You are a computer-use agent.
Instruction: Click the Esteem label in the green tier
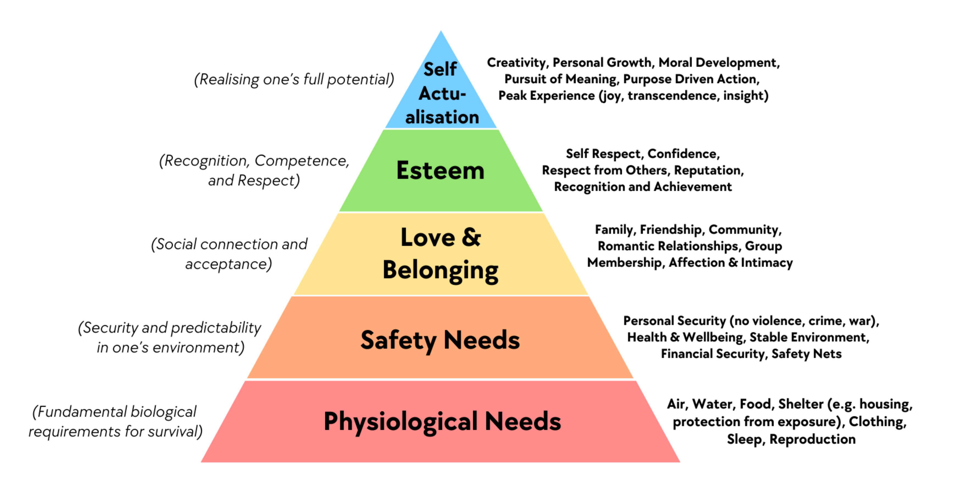[x=440, y=171]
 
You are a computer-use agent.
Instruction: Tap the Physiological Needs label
[x=442, y=421]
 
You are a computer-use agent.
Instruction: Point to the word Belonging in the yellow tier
[x=440, y=271]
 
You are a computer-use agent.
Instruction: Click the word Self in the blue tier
[x=440, y=69]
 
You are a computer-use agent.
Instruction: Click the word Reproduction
[x=812, y=439]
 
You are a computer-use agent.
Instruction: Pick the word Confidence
[x=684, y=154]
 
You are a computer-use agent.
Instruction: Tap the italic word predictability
[x=216, y=328]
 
